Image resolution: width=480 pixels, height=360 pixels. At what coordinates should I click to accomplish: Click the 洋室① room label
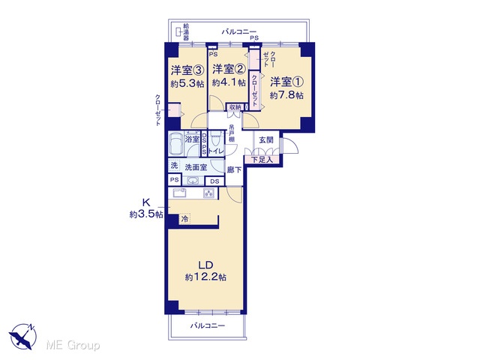[x=286, y=82]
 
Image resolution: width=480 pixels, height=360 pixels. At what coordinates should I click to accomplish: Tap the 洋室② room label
[x=229, y=69]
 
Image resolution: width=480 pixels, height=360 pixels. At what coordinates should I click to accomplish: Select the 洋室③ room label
[x=187, y=70]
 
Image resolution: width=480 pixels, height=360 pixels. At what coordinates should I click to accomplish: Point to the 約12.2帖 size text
[x=205, y=277]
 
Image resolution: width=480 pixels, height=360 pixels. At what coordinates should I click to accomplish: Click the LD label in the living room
[x=205, y=265]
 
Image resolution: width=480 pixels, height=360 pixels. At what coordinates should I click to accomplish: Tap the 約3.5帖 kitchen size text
[x=146, y=214]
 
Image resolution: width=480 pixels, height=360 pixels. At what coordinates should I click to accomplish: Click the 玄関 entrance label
[x=266, y=140]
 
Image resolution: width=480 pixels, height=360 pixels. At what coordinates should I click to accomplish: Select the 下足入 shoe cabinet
[x=262, y=160]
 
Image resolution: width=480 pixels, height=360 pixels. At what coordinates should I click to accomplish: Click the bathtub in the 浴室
[x=176, y=144]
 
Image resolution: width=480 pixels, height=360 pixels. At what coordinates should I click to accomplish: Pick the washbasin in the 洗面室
[x=192, y=181]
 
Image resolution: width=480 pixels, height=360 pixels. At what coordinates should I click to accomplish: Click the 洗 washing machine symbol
[x=174, y=166]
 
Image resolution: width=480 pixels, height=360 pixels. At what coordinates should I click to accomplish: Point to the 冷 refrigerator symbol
[x=184, y=219]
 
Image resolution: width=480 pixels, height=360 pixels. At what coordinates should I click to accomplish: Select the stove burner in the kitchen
[x=208, y=193]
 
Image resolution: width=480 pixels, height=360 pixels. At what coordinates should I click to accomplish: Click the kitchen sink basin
[x=180, y=193]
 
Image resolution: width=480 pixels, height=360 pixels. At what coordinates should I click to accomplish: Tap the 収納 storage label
[x=235, y=107]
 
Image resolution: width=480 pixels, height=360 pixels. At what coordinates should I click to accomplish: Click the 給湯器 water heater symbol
[x=178, y=31]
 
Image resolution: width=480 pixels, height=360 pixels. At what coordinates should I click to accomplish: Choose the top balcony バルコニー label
[x=238, y=31]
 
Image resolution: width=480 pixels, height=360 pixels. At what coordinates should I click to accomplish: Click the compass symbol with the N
[x=23, y=336]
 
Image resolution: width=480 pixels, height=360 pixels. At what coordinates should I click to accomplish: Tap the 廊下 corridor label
[x=234, y=169]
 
